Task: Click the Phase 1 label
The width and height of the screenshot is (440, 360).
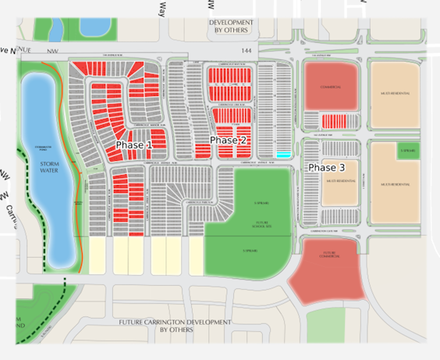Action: click(x=134, y=145)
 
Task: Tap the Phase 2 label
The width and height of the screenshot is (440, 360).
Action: click(x=228, y=140)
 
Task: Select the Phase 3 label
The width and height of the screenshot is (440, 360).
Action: click(x=326, y=168)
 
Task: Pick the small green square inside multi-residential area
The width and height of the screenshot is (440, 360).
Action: click(x=407, y=151)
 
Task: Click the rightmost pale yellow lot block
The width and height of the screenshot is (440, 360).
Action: click(x=196, y=256)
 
